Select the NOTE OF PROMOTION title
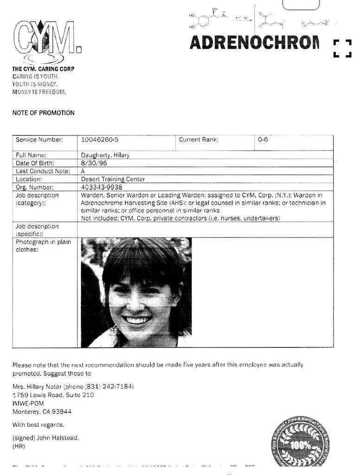(x=43, y=113)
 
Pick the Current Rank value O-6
(x=263, y=139)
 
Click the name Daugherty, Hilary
(x=105, y=155)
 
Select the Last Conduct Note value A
(x=83, y=171)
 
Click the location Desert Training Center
(x=113, y=179)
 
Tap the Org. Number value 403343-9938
(x=102, y=187)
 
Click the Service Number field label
(x=39, y=139)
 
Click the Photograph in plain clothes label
(x=43, y=245)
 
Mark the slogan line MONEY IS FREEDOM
(x=39, y=92)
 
